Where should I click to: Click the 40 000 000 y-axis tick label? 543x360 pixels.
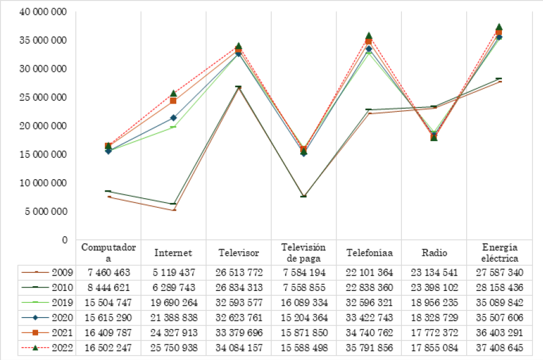click(x=43, y=12)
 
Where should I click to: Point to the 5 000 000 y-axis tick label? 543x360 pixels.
click(x=46, y=211)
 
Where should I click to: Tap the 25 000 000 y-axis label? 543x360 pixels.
click(x=43, y=98)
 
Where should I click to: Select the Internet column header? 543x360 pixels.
click(x=173, y=253)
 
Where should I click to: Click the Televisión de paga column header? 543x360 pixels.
click(x=304, y=253)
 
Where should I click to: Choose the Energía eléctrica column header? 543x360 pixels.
click(x=500, y=253)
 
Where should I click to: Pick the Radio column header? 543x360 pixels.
click(x=435, y=253)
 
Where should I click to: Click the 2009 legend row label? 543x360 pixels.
click(x=62, y=273)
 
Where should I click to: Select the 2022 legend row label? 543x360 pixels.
click(x=62, y=348)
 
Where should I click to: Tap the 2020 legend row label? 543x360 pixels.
click(x=62, y=318)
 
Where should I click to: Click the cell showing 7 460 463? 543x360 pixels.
click(x=108, y=273)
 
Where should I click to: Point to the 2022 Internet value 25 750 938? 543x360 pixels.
click(x=173, y=348)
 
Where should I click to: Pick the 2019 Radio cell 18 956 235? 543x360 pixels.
click(x=435, y=303)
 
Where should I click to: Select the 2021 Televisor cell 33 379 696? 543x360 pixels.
click(x=238, y=333)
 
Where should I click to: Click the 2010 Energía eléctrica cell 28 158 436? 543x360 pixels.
click(x=500, y=288)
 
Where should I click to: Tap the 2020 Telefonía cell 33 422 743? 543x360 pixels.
click(x=369, y=318)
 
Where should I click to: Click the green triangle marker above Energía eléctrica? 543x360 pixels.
click(x=500, y=27)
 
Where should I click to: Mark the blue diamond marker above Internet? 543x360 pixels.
click(x=173, y=118)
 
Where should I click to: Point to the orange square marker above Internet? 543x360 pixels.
click(x=173, y=101)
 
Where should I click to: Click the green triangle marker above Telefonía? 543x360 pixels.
click(x=369, y=36)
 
